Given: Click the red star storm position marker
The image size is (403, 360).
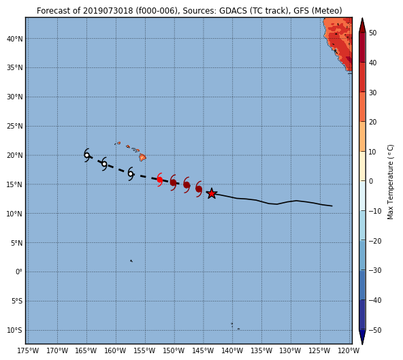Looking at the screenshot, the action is click(x=212, y=193).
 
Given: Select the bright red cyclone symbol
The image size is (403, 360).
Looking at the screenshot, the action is click(x=159, y=180).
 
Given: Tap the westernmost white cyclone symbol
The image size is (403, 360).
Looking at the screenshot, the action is click(x=87, y=155).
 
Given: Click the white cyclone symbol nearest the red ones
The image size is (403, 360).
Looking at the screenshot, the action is click(x=131, y=174).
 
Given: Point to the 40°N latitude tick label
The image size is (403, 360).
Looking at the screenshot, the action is click(x=15, y=39).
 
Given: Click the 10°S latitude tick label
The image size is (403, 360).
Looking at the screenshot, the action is click(x=15, y=330).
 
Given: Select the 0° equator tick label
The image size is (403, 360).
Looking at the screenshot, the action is click(x=19, y=272).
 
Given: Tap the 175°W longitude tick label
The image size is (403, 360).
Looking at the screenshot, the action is click(x=28, y=350).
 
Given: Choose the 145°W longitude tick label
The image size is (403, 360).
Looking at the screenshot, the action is click(x=204, y=350).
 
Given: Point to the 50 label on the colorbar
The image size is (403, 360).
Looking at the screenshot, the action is click(x=373, y=33).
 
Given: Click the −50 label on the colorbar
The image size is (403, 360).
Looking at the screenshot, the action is click(x=375, y=330).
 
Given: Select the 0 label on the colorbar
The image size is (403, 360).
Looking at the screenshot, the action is click(x=371, y=181).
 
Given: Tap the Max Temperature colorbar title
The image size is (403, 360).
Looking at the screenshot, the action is click(x=390, y=182).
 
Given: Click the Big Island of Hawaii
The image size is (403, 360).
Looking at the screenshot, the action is click(x=143, y=157).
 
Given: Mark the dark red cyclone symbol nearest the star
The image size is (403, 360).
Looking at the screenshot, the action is click(x=199, y=189).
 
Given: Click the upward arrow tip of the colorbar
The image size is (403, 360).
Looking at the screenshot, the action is click(x=362, y=18).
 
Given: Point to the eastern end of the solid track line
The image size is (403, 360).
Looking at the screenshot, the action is click(x=332, y=206).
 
